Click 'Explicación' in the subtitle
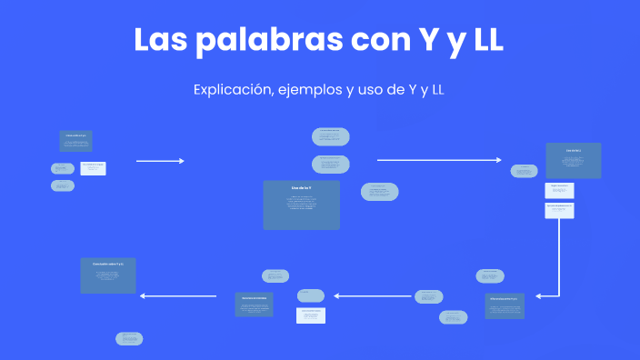click(230, 90)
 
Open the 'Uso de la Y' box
click(301, 205)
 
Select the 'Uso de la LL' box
click(573, 160)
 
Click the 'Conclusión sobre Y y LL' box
click(107, 275)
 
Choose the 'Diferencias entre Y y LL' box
click(505, 305)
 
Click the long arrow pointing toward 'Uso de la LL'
click(438, 160)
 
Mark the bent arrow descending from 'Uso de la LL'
click(557, 264)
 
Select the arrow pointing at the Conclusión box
click(178, 295)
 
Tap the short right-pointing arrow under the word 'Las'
click(160, 161)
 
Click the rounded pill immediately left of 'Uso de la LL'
click(524, 171)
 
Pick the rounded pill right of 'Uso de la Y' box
click(379, 192)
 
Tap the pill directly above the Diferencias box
click(490, 275)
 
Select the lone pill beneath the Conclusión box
click(129, 338)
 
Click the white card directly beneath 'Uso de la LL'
click(559, 190)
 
